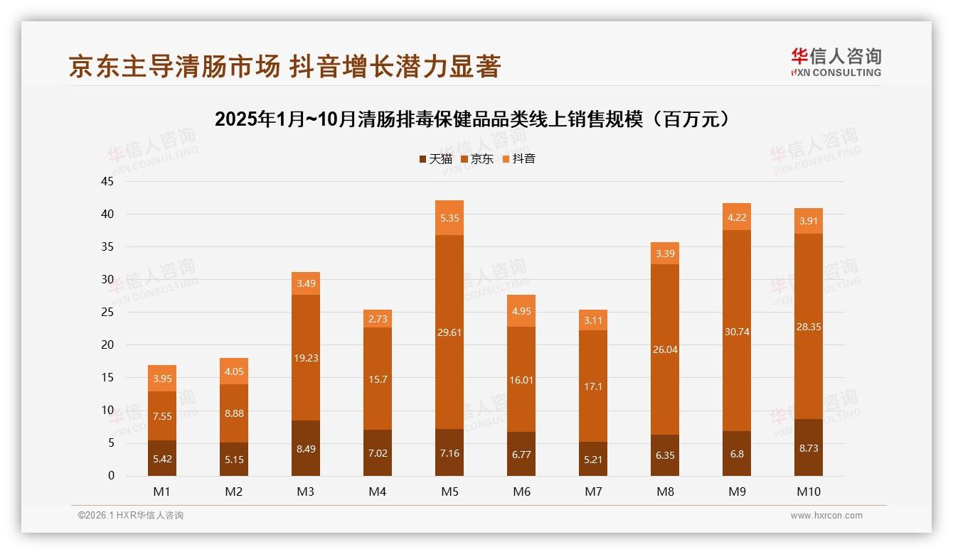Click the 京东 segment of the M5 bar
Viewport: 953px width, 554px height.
449,332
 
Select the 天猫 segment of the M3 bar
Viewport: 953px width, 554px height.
305,448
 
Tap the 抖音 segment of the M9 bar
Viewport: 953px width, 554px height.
737,217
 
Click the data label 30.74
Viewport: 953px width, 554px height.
737,332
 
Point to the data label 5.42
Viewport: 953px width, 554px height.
161,459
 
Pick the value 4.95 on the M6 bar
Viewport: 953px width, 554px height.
521,310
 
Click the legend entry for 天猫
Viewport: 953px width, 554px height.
435,159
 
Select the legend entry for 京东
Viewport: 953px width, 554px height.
477,159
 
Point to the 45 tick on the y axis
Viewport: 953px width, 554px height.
107,181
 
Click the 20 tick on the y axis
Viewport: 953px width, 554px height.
107,344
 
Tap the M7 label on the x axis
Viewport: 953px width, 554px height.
593,491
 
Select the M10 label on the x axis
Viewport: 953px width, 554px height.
809,491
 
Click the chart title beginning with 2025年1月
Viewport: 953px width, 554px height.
476,119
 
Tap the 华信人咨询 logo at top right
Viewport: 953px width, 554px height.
836,62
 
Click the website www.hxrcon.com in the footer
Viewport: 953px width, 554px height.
826,516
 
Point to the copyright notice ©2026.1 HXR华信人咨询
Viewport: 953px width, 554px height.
131,516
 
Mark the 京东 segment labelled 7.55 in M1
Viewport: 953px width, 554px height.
161,415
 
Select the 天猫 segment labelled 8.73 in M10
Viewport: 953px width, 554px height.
809,447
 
